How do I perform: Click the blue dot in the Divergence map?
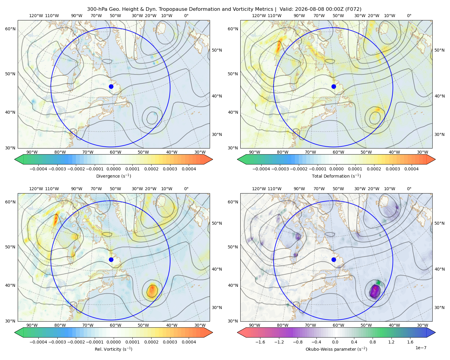(111, 86)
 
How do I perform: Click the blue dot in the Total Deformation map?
(334, 86)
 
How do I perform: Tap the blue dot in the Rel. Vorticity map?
(111, 259)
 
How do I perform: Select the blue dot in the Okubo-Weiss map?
(334, 259)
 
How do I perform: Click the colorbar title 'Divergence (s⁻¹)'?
(113, 176)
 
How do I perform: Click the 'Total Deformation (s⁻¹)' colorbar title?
(336, 176)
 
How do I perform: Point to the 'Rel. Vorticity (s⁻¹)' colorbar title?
(113, 349)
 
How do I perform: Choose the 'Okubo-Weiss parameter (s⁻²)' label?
(336, 349)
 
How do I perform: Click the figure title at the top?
(224, 9)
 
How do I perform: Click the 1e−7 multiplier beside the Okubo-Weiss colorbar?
(421, 348)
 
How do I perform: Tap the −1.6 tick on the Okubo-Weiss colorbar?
(260, 342)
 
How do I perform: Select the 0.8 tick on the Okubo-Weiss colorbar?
(373, 342)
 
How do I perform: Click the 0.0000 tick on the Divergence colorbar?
(113, 169)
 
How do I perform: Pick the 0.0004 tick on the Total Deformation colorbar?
(411, 169)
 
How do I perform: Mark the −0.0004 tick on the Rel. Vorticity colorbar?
(38, 342)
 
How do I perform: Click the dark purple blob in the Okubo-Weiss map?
(374, 291)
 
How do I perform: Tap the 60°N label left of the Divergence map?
(10, 29)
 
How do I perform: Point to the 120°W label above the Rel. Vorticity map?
(36, 189)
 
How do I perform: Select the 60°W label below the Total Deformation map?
(338, 152)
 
